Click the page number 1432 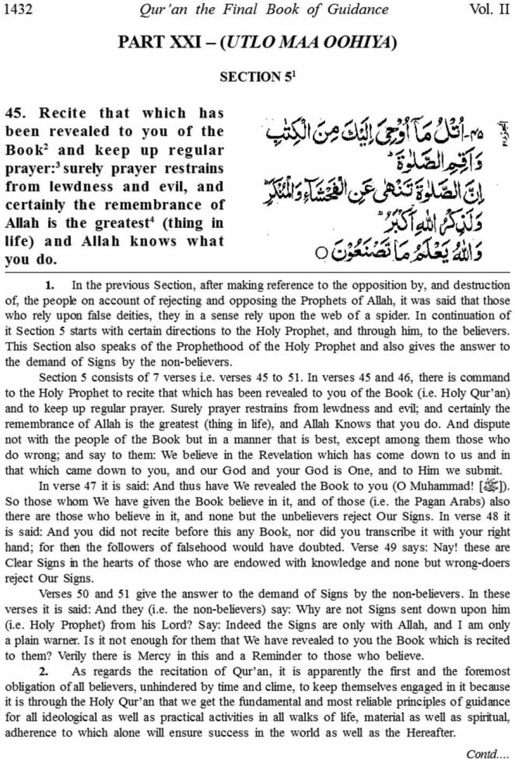(18, 9)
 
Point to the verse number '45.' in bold (16, 113)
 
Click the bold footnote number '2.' (44, 672)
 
